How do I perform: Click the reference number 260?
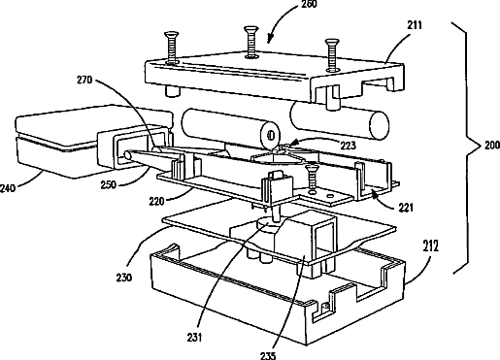click(309, 4)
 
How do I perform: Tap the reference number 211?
click(414, 25)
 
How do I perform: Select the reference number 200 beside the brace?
click(492, 146)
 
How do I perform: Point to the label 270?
click(84, 80)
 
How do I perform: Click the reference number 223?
click(348, 146)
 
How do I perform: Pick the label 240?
click(8, 188)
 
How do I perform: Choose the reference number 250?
click(108, 184)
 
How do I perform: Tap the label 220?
click(156, 202)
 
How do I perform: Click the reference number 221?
click(406, 208)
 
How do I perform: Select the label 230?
click(124, 278)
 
